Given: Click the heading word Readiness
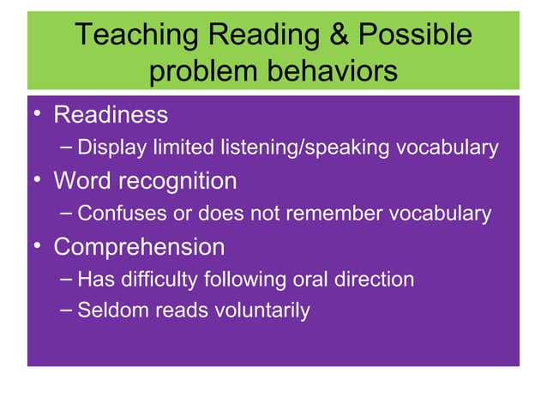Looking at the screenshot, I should pyautogui.click(x=111, y=114).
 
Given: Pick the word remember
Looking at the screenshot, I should pyautogui.click(x=330, y=214).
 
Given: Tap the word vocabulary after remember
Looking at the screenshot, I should pyautogui.click(x=441, y=214).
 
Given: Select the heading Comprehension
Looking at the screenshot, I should pyautogui.click(x=139, y=247).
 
